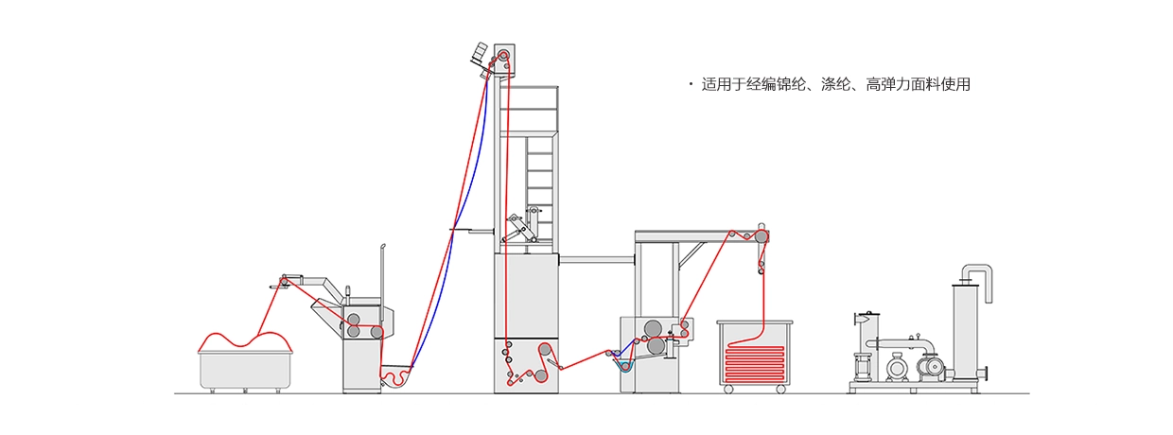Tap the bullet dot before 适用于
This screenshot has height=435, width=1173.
(x=692, y=85)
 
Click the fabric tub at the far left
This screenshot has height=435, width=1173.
(x=245, y=370)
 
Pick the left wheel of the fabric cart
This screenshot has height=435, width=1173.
(x=728, y=389)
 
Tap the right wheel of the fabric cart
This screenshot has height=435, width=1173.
(x=779, y=389)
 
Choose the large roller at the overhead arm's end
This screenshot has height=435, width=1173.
(x=761, y=235)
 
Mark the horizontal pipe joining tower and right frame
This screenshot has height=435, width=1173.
(x=597, y=257)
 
